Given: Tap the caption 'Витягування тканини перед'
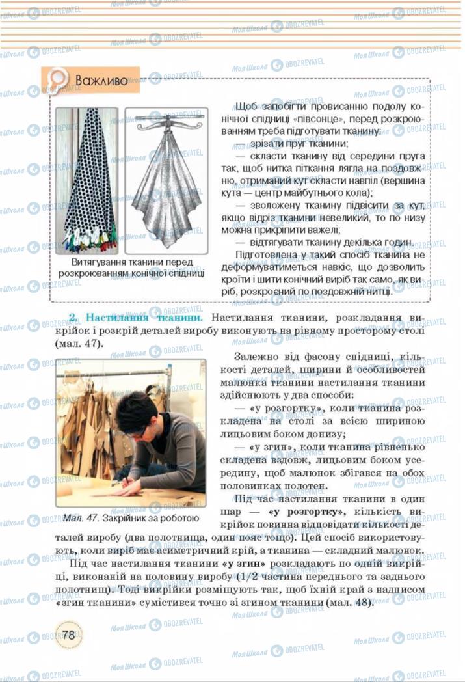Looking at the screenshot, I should tap(132, 262).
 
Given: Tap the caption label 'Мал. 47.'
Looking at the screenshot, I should tap(81, 518).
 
